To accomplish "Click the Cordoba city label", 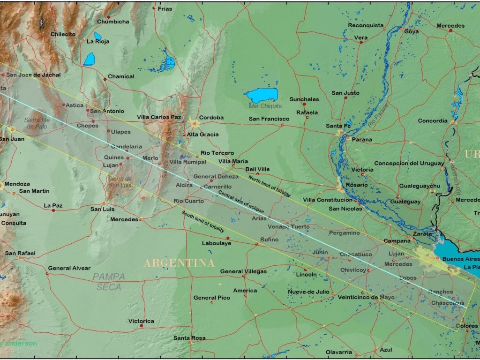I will [x=211, y=118].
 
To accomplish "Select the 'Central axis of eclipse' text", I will [x=241, y=202].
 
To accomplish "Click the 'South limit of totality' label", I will [x=202, y=222].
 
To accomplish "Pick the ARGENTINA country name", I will [x=179, y=263].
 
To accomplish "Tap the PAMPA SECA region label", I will [x=109, y=281].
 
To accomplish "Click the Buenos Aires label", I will [x=460, y=259].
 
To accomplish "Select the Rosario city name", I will [x=356, y=185].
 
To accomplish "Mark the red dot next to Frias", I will [x=154, y=8].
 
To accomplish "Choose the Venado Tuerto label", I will [x=289, y=227].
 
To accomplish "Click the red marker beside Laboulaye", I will [x=228, y=238].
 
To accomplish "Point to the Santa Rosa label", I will [x=189, y=338].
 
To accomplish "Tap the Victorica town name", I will [x=141, y=321].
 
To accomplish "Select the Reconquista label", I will [x=366, y=25].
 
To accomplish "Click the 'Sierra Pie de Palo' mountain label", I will [x=37, y=123].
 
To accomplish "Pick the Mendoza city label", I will [x=17, y=184].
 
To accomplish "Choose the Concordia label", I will [x=433, y=121].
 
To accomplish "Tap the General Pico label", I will [x=212, y=298].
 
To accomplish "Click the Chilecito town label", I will [x=63, y=34].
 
